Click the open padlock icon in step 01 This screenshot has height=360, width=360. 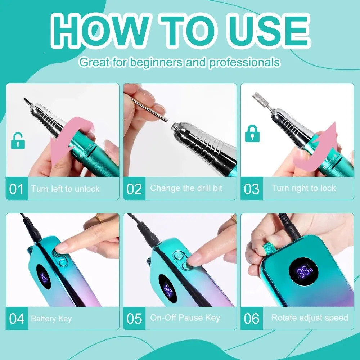click(x=18, y=141)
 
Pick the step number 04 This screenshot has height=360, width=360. click(x=17, y=319)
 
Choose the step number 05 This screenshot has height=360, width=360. click(x=134, y=319)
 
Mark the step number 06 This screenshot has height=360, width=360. click(x=251, y=319)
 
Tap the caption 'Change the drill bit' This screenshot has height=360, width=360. click(x=186, y=188)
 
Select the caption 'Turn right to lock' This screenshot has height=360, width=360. click(x=303, y=188)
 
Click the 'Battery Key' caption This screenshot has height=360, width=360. click(x=51, y=319)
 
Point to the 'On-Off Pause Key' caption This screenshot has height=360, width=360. click(x=185, y=318)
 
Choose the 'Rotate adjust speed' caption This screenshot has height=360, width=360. click(x=310, y=318)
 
